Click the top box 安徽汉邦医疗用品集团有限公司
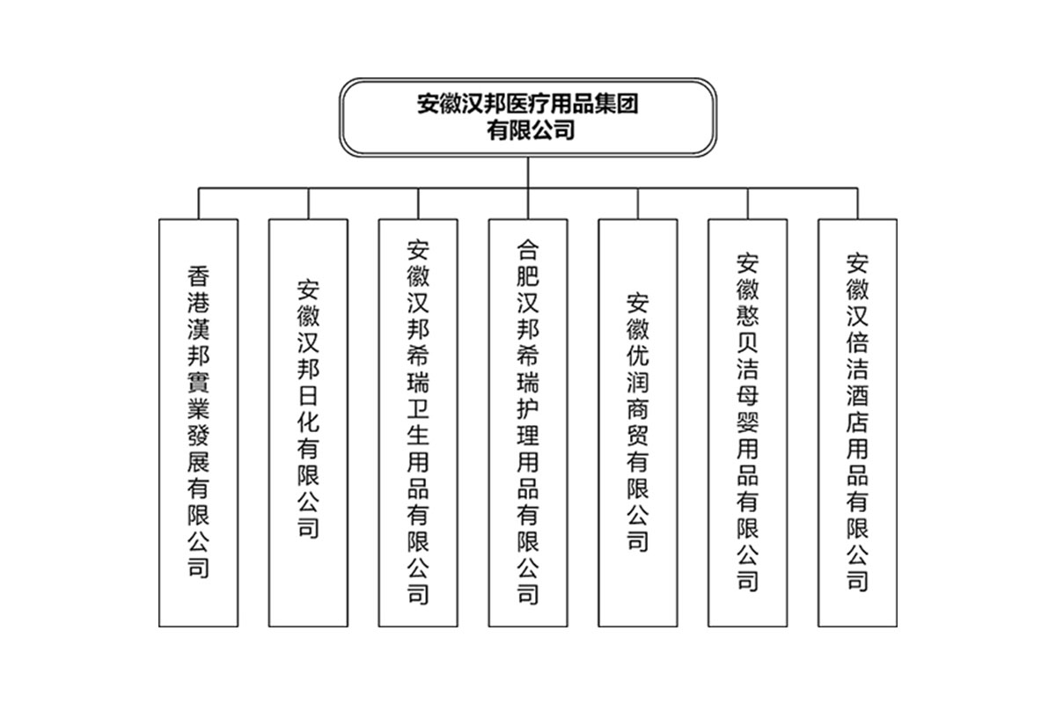tap(527, 117)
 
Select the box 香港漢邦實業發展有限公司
tap(199, 422)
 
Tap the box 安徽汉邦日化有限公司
tap(308, 422)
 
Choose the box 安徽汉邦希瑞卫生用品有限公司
tap(418, 422)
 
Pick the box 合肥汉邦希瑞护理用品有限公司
tap(528, 422)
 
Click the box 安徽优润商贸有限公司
tap(638, 422)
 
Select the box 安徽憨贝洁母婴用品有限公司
tap(748, 422)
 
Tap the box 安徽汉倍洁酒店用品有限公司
tap(857, 422)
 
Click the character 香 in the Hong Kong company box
tap(199, 276)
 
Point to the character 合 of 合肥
tap(528, 250)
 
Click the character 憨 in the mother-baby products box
tap(748, 315)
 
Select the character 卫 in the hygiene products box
tap(418, 409)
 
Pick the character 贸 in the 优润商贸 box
tap(638, 436)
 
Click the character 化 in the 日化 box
tap(308, 422)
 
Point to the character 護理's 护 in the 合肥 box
tap(528, 409)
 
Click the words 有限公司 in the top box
tap(531, 130)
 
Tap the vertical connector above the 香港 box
tap(199, 203)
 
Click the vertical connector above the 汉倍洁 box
tap(857, 203)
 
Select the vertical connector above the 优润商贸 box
tap(638, 203)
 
